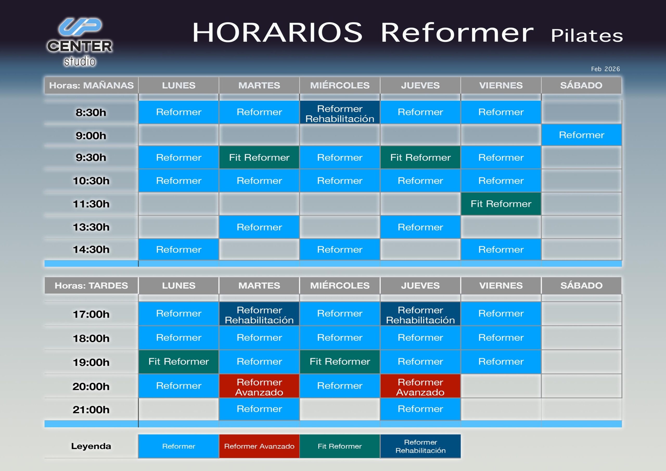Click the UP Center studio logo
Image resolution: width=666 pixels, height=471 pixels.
point(80,42)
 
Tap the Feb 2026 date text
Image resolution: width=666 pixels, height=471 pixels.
point(605,69)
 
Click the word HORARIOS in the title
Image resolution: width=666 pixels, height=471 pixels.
point(277,33)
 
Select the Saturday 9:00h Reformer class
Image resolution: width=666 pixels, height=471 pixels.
point(581,135)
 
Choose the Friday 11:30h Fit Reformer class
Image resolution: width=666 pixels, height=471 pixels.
point(501,204)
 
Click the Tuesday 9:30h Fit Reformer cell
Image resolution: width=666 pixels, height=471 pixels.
point(259,158)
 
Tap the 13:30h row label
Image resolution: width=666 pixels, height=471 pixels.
point(91,227)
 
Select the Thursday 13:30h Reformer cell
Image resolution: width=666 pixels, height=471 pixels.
point(420,227)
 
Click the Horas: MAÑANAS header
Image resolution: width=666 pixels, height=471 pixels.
point(91,85)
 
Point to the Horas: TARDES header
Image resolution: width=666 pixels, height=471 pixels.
point(91,285)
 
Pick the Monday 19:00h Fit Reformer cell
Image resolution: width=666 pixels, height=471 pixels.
point(178,362)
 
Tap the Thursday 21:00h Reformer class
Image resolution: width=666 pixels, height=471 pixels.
point(420,409)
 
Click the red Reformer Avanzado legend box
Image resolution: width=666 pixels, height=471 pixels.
point(259,446)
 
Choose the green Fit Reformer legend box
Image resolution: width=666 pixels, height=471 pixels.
point(340,446)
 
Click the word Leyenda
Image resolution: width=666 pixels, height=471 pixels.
point(91,446)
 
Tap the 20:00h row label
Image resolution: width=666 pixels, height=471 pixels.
point(91,386)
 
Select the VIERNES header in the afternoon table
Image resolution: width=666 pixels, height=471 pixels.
point(501,285)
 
